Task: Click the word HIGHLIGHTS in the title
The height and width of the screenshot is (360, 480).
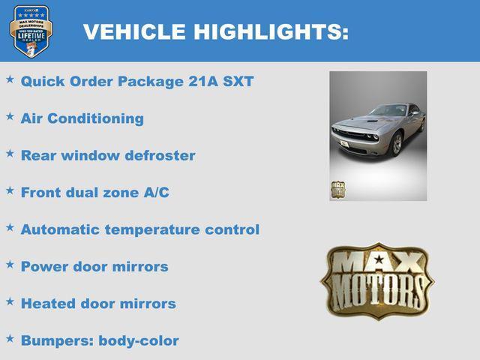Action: [271, 32]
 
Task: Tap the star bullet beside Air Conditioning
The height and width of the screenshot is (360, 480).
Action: [10, 116]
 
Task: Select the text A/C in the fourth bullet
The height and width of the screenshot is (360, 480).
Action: [156, 193]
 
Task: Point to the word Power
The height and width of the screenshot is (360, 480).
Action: [43, 266]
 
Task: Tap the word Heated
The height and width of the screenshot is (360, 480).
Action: [47, 304]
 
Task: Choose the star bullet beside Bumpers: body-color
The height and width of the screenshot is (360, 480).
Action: [10, 339]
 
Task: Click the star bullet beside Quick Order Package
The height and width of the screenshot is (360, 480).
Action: [10, 79]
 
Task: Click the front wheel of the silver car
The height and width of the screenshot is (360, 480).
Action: [395, 143]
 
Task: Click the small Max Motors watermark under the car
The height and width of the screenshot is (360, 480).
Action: [337, 189]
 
